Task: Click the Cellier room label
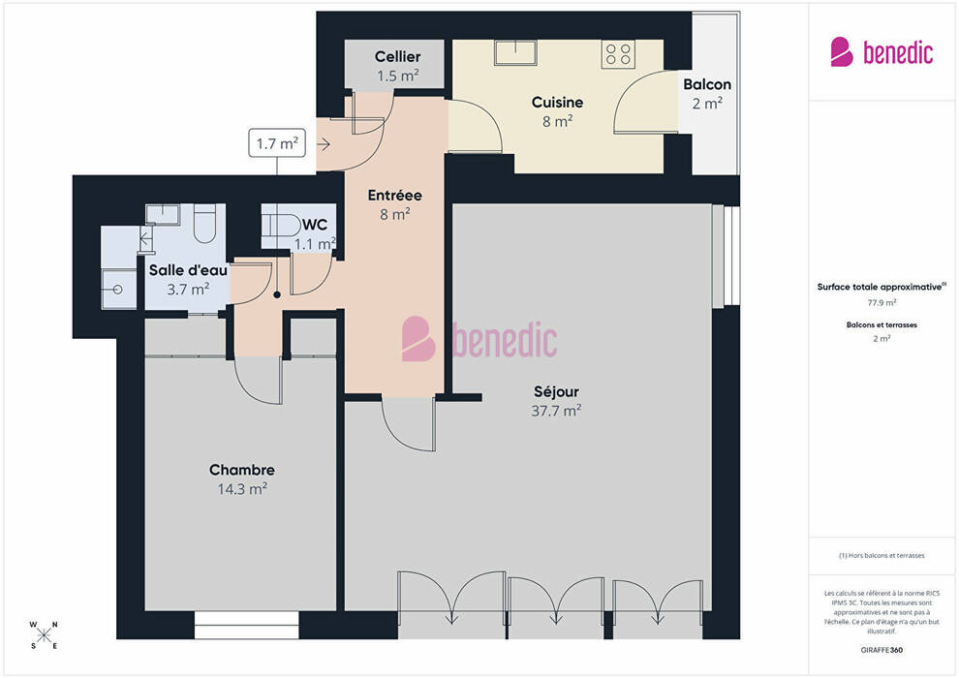coord(397,57)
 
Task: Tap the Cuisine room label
coord(557,102)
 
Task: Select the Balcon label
coord(707,84)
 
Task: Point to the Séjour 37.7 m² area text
coord(556,411)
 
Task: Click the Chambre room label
coord(241,470)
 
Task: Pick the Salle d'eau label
coord(188,270)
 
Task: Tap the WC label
coord(315,225)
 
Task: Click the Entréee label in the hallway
coord(394,195)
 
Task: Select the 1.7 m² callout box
coord(277,143)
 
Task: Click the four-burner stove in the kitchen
coord(618,54)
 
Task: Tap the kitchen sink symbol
coord(515,52)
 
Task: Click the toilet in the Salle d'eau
coord(205,225)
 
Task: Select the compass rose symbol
coord(44,635)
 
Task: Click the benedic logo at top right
coord(882,52)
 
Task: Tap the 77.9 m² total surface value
coord(882,302)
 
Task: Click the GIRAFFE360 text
coord(882,650)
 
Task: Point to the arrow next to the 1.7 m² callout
coord(324,144)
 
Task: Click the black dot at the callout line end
coord(277,294)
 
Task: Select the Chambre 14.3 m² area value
coord(242,489)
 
